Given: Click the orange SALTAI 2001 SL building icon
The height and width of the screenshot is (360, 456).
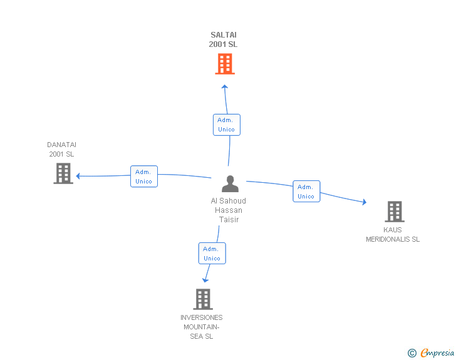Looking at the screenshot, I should (225, 64).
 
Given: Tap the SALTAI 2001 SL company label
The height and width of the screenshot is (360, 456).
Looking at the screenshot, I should (224, 39).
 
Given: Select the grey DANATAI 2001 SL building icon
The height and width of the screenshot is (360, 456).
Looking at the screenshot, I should (63, 173).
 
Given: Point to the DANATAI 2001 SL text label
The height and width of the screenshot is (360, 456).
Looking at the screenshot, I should (61, 150).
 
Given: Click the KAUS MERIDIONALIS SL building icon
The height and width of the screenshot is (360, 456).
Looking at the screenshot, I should (394, 212).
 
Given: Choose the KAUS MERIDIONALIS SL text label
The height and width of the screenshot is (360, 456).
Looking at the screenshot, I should (393, 235).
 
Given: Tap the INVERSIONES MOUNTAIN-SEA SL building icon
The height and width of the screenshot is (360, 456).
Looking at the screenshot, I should (203, 299).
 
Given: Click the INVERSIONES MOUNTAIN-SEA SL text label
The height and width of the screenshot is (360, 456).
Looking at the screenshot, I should (202, 327).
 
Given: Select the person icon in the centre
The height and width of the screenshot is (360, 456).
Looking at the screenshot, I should (230, 184).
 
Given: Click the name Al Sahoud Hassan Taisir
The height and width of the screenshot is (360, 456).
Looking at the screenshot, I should (229, 210).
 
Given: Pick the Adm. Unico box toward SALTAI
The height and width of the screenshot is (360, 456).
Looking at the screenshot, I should (226, 125).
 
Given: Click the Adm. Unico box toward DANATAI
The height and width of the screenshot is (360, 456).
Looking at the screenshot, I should (144, 177).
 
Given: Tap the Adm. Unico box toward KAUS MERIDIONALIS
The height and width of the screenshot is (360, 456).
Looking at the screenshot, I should (306, 192).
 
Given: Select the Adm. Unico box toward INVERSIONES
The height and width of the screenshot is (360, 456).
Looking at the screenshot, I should (212, 254).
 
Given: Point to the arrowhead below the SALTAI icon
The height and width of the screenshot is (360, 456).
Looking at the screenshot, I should (225, 86).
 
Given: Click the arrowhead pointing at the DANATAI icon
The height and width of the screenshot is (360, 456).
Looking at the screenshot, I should (78, 176).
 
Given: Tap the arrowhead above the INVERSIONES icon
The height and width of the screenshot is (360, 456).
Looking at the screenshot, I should (205, 280).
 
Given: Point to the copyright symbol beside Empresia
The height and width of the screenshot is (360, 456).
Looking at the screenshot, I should (412, 353).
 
